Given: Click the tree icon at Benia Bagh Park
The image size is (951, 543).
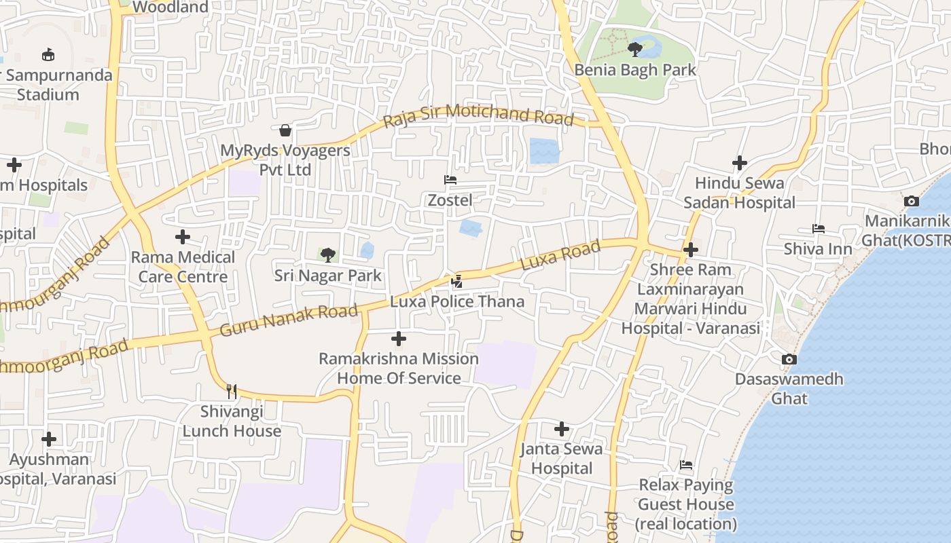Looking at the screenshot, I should (635, 49).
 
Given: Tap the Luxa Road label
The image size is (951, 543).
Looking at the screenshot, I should (560, 255).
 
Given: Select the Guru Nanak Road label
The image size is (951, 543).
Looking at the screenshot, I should (289, 320).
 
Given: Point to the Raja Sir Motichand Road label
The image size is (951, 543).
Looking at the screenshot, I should (479, 115).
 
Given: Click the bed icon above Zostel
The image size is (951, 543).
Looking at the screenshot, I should (450, 180).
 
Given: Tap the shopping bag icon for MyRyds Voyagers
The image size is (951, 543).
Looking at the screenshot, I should (285, 130).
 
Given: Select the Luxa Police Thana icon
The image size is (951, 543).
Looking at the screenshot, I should (457, 281).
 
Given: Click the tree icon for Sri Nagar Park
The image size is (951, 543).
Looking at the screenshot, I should (328, 255).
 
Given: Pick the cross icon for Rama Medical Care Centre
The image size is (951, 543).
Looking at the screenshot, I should (182, 237).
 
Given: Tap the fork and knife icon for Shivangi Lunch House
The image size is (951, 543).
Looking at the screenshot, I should (232, 391).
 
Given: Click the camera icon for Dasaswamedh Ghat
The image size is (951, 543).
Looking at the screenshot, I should (789, 359).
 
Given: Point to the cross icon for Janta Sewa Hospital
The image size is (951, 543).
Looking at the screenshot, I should (561, 428).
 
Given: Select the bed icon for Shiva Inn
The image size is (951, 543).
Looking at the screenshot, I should (818, 229).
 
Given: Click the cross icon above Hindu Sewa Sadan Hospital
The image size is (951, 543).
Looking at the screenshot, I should (739, 163).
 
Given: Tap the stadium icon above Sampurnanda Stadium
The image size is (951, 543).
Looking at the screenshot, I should (48, 55).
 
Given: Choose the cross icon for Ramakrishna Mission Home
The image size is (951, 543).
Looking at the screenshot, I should (399, 338).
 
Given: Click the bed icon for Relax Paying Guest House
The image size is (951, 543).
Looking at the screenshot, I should (686, 465).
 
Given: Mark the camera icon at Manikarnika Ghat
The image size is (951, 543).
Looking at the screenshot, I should (911, 201).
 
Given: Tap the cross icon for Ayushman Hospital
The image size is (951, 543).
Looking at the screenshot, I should (48, 439).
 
